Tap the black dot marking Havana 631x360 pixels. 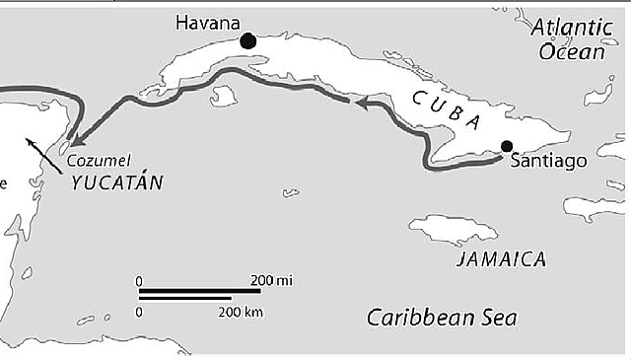pos(247,40)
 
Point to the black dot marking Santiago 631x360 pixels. pos(507,147)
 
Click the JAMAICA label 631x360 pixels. pos(502,259)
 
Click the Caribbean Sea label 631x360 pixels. pos(441,318)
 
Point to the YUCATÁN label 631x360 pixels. pos(117,182)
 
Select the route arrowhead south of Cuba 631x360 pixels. pos(362,102)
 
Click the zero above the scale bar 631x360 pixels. pos(139,280)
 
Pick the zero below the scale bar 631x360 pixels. pos(139,312)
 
